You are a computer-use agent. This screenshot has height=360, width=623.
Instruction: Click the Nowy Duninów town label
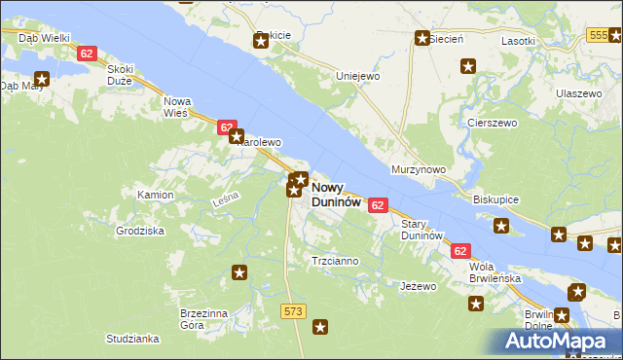pos(337,195)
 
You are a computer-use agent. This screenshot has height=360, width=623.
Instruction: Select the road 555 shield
pos(599,35)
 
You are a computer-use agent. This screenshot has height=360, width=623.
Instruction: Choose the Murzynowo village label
pos(418,169)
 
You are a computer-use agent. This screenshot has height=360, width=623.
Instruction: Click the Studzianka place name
pos(133,339)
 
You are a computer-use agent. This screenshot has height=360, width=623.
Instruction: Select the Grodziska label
pos(140,232)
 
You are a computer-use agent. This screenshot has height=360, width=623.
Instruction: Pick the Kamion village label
pos(155,195)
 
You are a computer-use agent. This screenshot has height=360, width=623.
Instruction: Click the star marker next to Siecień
pos(422,39)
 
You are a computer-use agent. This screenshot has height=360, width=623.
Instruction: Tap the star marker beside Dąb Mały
pos(42,79)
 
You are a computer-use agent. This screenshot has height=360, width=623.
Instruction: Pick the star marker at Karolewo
pos(237,137)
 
